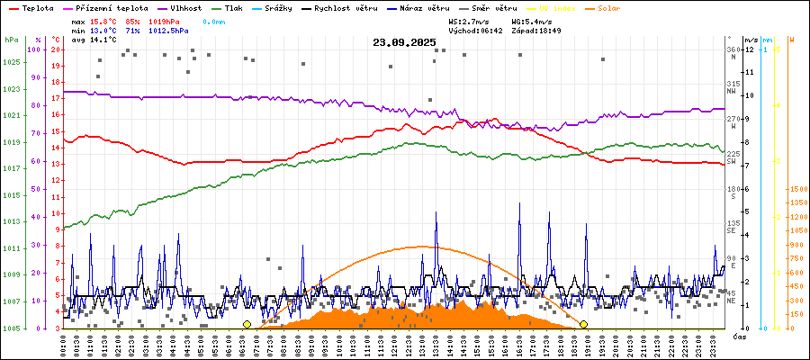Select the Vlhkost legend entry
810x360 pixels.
185,7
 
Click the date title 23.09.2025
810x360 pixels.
404,42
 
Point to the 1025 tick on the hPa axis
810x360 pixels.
11,62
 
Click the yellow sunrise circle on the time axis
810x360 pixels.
247,324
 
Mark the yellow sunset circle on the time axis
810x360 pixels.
583,324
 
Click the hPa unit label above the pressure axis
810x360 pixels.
10,40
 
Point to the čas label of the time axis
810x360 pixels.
740,337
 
